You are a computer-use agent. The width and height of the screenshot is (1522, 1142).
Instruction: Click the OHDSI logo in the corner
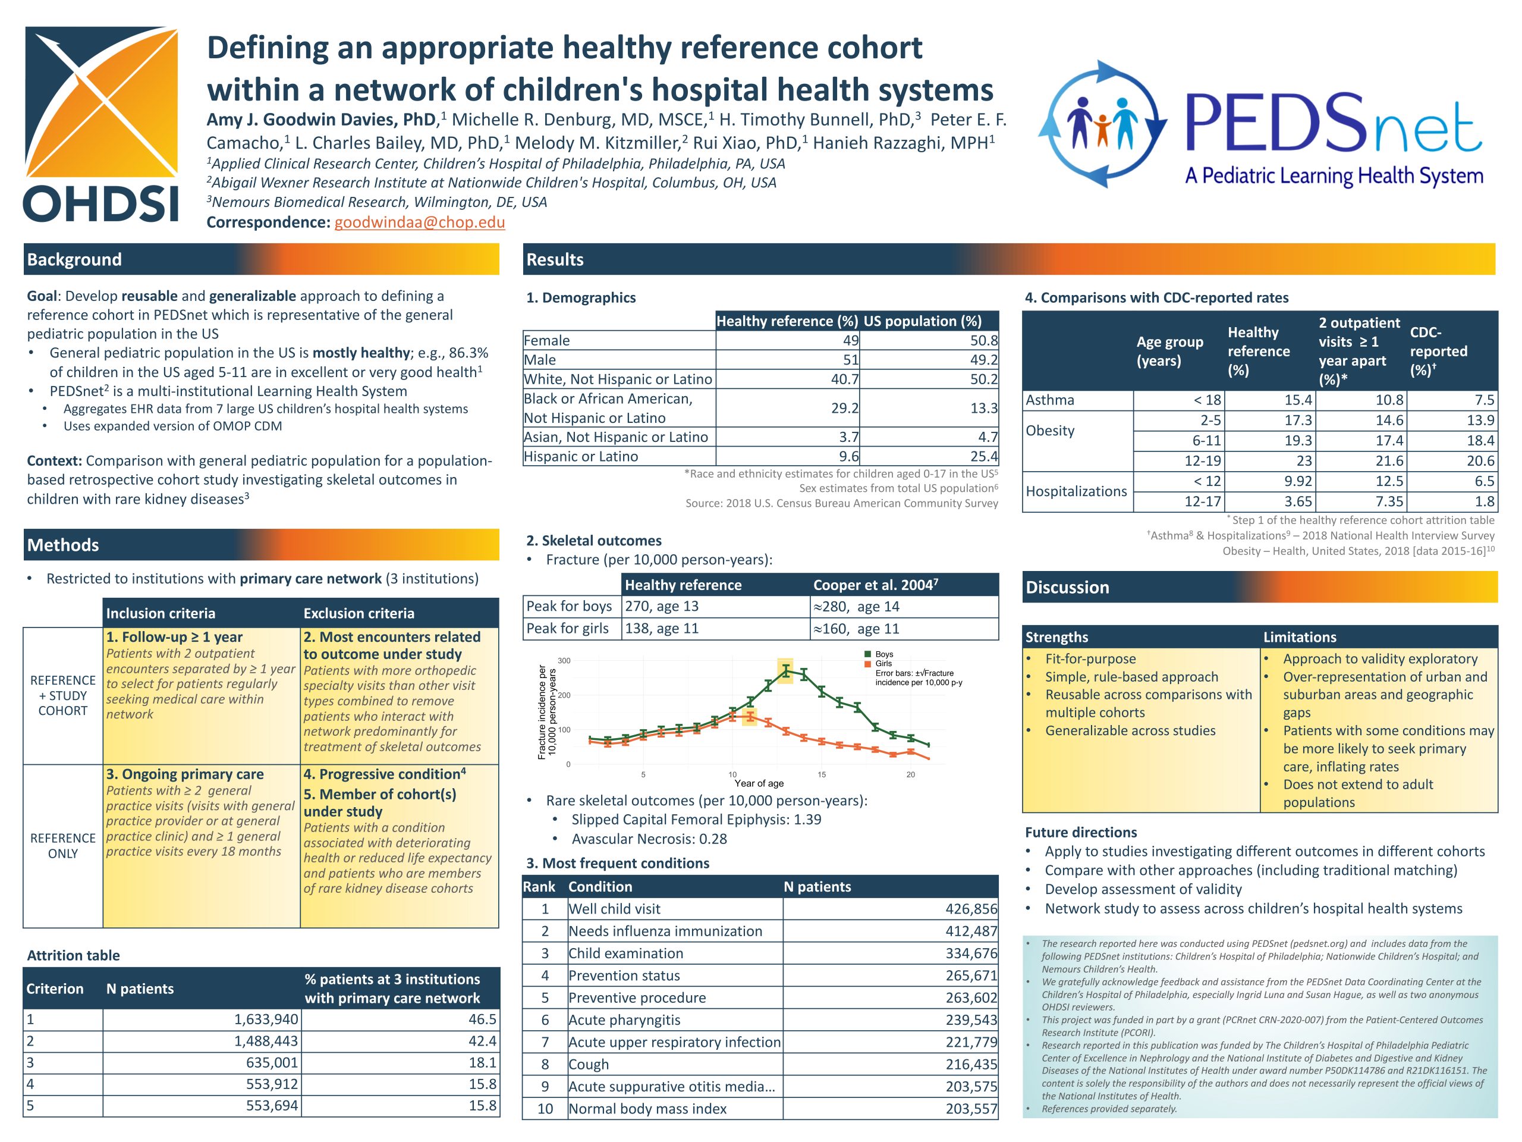[x=101, y=124]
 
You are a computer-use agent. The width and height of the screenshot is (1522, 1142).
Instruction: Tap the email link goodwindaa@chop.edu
[x=419, y=222]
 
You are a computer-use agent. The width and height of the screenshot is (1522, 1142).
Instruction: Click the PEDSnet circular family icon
[x=1102, y=124]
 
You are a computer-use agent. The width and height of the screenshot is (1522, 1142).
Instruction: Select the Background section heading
[x=74, y=259]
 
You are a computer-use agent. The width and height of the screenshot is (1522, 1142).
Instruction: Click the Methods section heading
[x=63, y=545]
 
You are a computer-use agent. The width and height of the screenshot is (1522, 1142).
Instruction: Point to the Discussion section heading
[x=1067, y=587]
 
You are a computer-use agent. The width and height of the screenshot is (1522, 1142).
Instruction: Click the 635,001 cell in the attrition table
[x=272, y=1062]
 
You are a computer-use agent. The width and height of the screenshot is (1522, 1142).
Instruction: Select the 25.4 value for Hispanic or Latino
[x=983, y=456]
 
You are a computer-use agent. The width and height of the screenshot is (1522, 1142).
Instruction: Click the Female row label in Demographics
[x=547, y=341]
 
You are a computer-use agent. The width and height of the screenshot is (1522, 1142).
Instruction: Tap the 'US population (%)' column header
[x=922, y=321]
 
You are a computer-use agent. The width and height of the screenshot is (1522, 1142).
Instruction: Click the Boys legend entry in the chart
[x=883, y=655]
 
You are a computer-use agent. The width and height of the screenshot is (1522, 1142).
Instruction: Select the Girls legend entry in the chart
[x=883, y=664]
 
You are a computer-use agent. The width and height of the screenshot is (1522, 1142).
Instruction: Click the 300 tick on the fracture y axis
[x=564, y=661]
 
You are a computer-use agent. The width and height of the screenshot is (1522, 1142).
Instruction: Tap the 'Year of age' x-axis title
[x=759, y=783]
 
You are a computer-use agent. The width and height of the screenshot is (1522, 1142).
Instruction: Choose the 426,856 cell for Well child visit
[x=971, y=909]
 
